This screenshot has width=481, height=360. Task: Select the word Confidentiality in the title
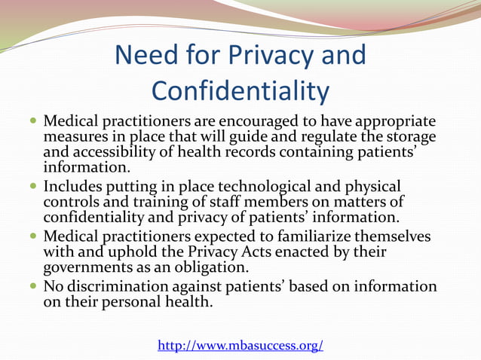coord(240,90)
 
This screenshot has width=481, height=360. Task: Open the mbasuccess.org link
coord(240,346)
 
